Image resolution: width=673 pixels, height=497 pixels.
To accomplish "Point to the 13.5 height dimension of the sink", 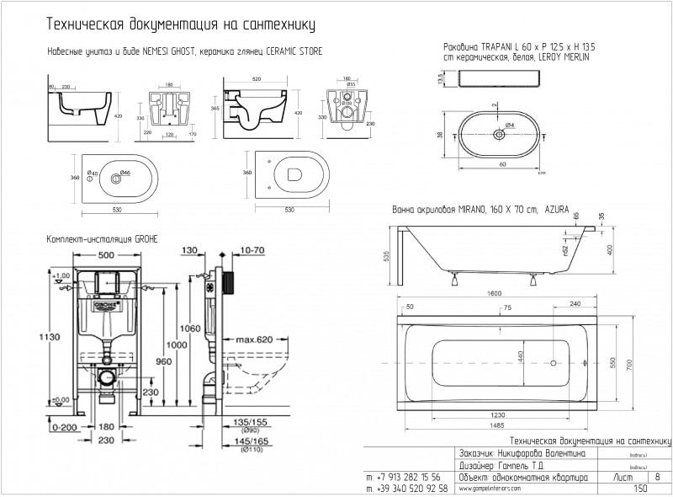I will pos(439,77).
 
